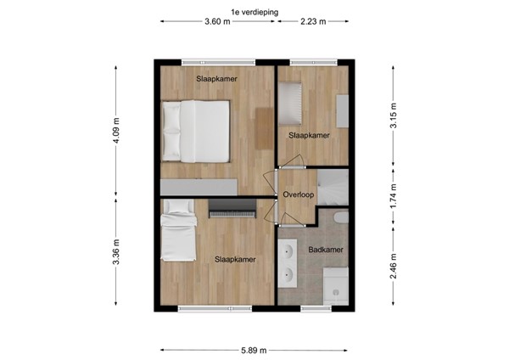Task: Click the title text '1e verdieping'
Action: click(254, 11)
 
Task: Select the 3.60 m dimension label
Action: click(217, 22)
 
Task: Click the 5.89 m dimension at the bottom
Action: click(254, 349)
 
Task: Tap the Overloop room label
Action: click(299, 194)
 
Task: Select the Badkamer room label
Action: click(325, 250)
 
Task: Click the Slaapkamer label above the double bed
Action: click(216, 79)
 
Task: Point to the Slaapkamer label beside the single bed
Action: click(235, 259)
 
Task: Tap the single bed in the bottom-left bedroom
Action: click(179, 231)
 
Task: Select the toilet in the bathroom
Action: click(342, 218)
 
